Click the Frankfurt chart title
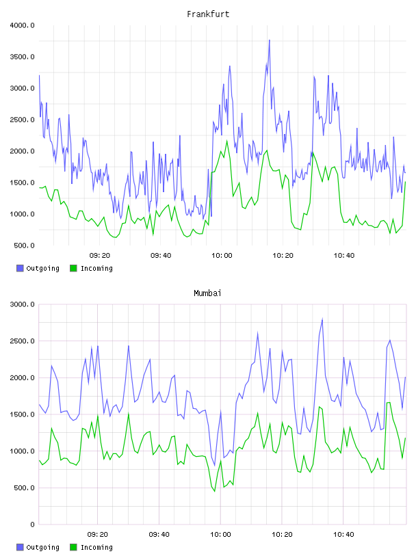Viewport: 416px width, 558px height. point(208,14)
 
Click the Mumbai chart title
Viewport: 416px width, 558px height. point(207,293)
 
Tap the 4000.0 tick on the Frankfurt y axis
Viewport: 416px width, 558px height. point(23,25)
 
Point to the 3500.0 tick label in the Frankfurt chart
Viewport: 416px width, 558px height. point(23,57)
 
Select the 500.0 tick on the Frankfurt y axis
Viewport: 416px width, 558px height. point(24,245)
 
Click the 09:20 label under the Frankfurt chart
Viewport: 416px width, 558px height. point(100,256)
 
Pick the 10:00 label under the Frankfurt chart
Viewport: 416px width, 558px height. point(222,256)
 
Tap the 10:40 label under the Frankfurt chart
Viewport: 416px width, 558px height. point(344,256)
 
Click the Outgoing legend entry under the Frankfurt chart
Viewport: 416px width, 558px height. point(38,268)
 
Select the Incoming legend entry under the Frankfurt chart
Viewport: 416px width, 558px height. point(92,268)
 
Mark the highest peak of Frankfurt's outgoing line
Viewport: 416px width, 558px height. point(270,40)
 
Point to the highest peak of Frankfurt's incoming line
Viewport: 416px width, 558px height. point(227,141)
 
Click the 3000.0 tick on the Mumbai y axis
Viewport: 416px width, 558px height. point(23,304)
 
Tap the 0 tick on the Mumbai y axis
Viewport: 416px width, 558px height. point(32,524)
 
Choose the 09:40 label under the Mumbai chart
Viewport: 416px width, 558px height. point(159,535)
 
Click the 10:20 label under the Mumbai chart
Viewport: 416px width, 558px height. point(282,535)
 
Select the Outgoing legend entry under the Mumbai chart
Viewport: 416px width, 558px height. point(38,547)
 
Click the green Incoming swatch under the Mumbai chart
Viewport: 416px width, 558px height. point(73,547)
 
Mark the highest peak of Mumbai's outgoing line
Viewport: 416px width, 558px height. point(322,319)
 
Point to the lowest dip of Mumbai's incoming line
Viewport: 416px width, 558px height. point(214,492)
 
